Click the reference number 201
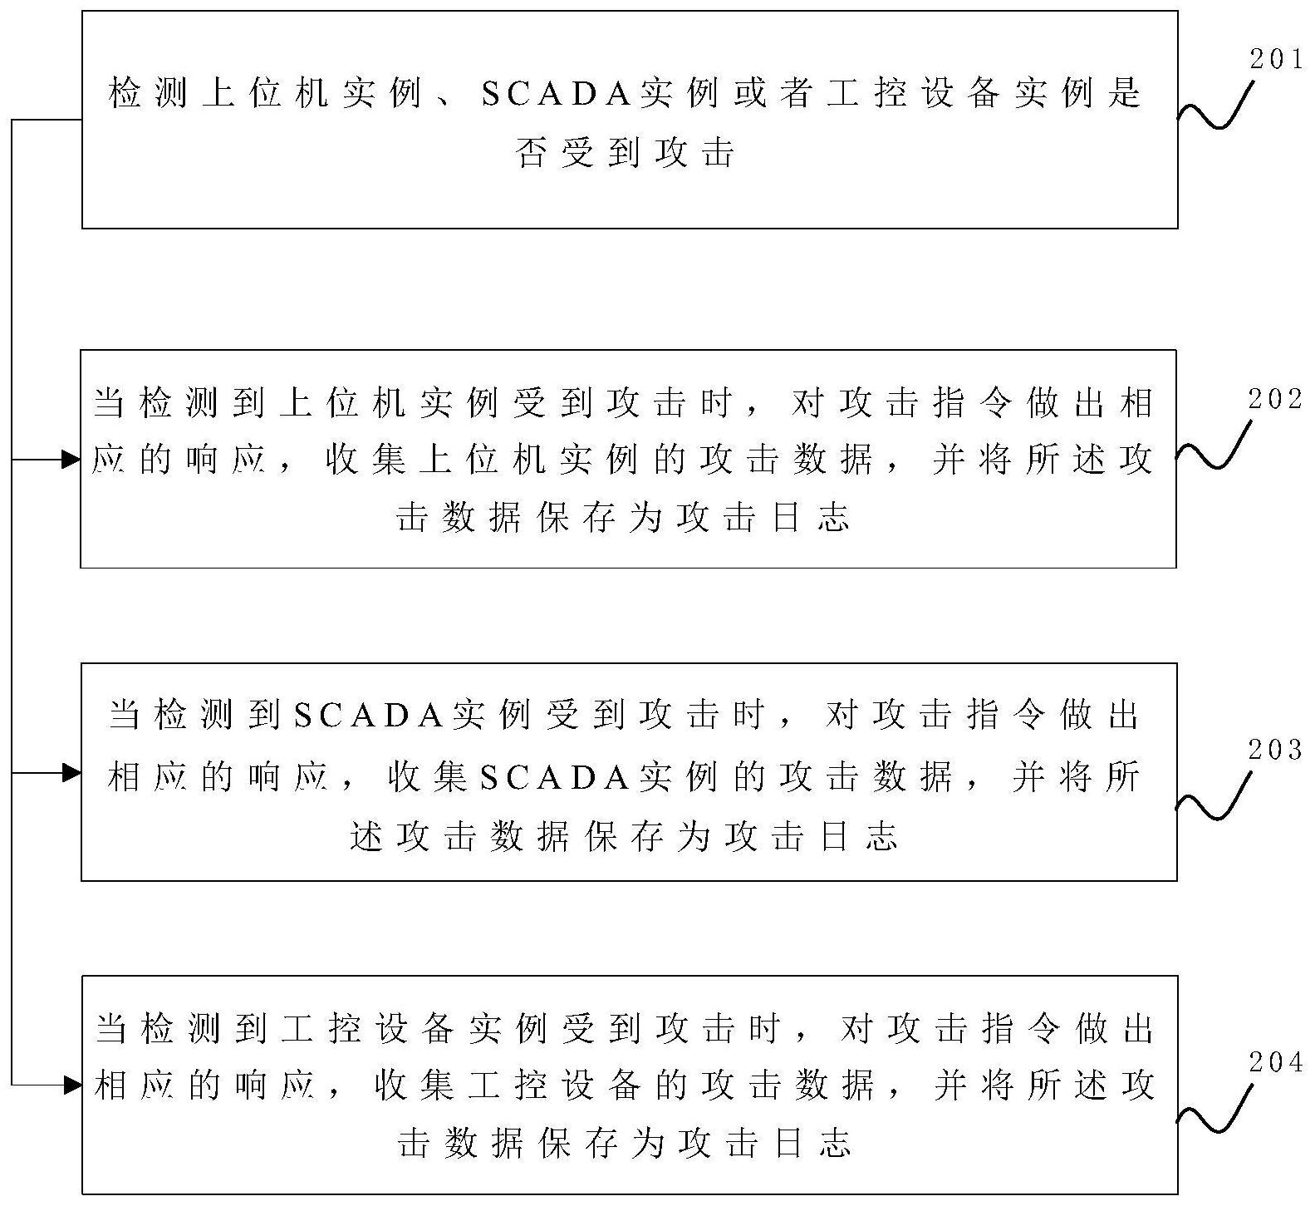tap(1276, 60)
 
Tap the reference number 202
tap(1276, 400)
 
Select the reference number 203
tap(1276, 751)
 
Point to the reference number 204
tap(1276, 1062)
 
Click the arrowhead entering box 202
tap(71, 459)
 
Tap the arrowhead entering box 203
tap(71, 773)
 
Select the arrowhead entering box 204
tap(71, 1084)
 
